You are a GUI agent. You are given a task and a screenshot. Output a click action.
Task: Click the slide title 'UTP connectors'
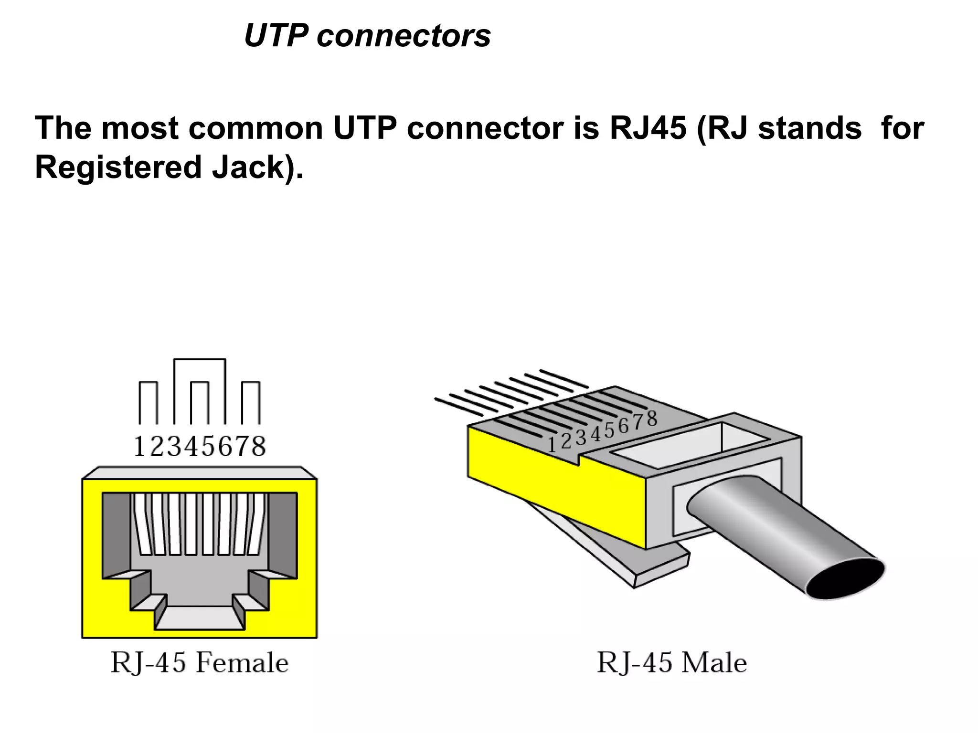(367, 36)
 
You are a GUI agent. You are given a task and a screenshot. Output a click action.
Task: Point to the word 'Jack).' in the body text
(258, 168)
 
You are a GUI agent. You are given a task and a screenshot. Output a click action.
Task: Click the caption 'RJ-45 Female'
(199, 663)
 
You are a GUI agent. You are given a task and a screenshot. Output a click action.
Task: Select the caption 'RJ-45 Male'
(672, 663)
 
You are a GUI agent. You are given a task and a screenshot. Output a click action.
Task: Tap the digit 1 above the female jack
(139, 447)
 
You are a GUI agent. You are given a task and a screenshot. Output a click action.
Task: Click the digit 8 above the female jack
(258, 447)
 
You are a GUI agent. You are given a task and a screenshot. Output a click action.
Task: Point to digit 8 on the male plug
(651, 419)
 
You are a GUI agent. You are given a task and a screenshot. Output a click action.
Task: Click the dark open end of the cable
(846, 579)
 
